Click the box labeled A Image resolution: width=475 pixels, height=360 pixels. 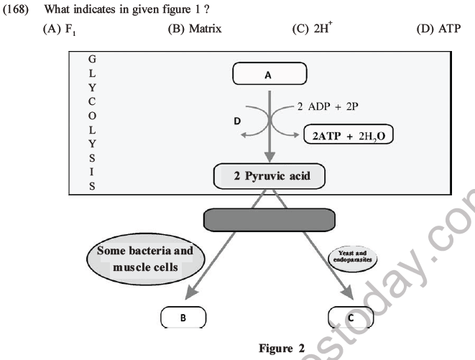click(269, 73)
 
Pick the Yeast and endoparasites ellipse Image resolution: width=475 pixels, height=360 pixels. click(353, 256)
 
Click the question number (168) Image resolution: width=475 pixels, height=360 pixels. click(17, 10)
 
